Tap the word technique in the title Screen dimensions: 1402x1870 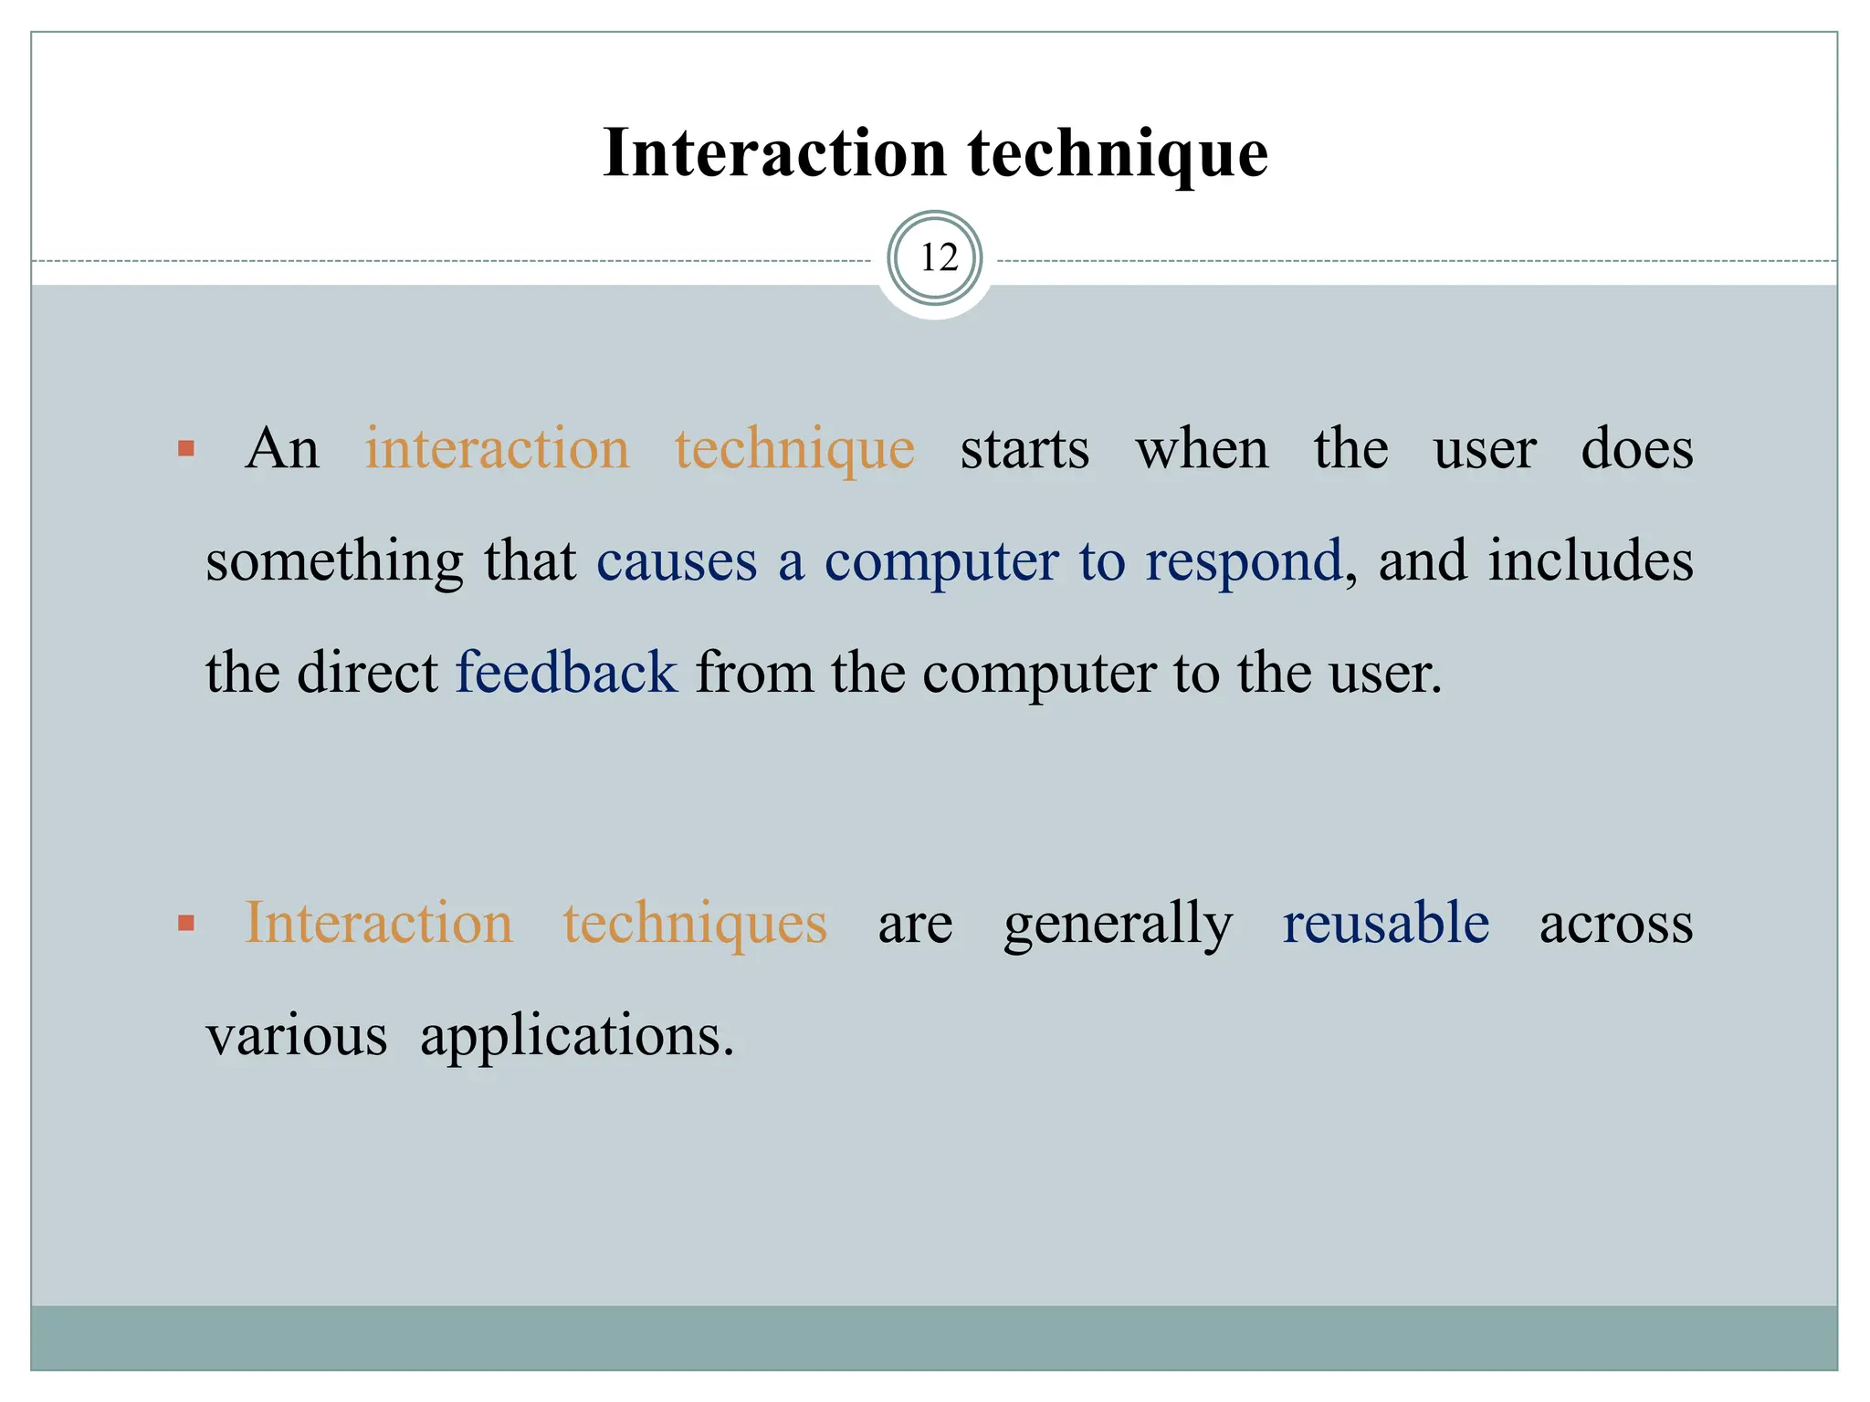pyautogui.click(x=1118, y=152)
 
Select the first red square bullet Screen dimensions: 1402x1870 pyautogui.click(x=186, y=448)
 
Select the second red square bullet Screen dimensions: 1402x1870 pyautogui.click(x=186, y=924)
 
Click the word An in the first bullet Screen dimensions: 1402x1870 pyautogui.click(x=282, y=449)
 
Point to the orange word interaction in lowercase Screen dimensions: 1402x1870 pyautogui.click(x=498, y=449)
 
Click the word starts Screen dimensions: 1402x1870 pyautogui.click(x=1024, y=450)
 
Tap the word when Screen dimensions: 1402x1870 pyautogui.click(x=1202, y=450)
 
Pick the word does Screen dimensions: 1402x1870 pyautogui.click(x=1636, y=449)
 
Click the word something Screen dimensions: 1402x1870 pyautogui.click(x=334, y=562)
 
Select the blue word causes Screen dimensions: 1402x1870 pyautogui.click(x=677, y=561)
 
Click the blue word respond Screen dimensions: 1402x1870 pyautogui.click(x=1244, y=562)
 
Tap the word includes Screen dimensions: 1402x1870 pyautogui.click(x=1591, y=560)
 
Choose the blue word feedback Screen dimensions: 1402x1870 pyautogui.click(x=566, y=673)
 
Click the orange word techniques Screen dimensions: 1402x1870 pyautogui.click(x=695, y=924)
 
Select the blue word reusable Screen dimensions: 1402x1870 pyautogui.click(x=1385, y=923)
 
